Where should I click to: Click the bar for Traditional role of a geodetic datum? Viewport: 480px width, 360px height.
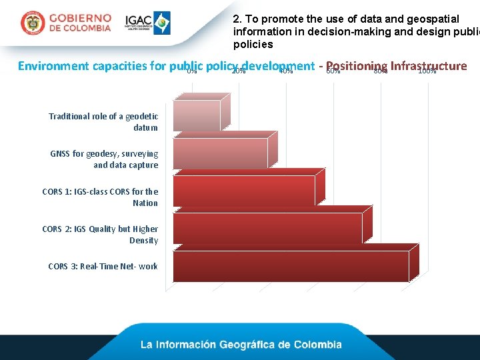point(196,115)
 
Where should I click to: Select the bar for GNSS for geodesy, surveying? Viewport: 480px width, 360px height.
point(220,153)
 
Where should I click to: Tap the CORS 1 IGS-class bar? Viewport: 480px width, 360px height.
point(243,191)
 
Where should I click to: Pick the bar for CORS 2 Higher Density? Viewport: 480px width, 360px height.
point(267,229)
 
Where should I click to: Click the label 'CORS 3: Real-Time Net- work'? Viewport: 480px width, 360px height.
point(103,267)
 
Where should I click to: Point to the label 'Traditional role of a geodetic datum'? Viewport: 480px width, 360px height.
point(103,121)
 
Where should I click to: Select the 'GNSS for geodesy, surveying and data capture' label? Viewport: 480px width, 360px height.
point(104,159)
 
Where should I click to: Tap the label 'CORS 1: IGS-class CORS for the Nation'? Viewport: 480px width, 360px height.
point(100,197)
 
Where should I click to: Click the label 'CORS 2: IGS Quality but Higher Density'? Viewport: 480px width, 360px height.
point(100,235)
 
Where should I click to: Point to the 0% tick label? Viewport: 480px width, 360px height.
point(191,71)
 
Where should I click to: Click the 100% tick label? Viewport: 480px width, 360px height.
point(427,71)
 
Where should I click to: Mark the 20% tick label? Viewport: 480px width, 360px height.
point(238,71)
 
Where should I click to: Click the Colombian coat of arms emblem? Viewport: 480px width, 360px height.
point(32,23)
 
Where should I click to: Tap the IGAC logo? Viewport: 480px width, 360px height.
point(147,23)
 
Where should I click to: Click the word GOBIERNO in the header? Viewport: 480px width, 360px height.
point(80,18)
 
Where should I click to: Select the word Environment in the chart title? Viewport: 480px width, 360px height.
point(53,65)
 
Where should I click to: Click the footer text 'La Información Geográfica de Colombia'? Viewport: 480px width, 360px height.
point(241,345)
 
